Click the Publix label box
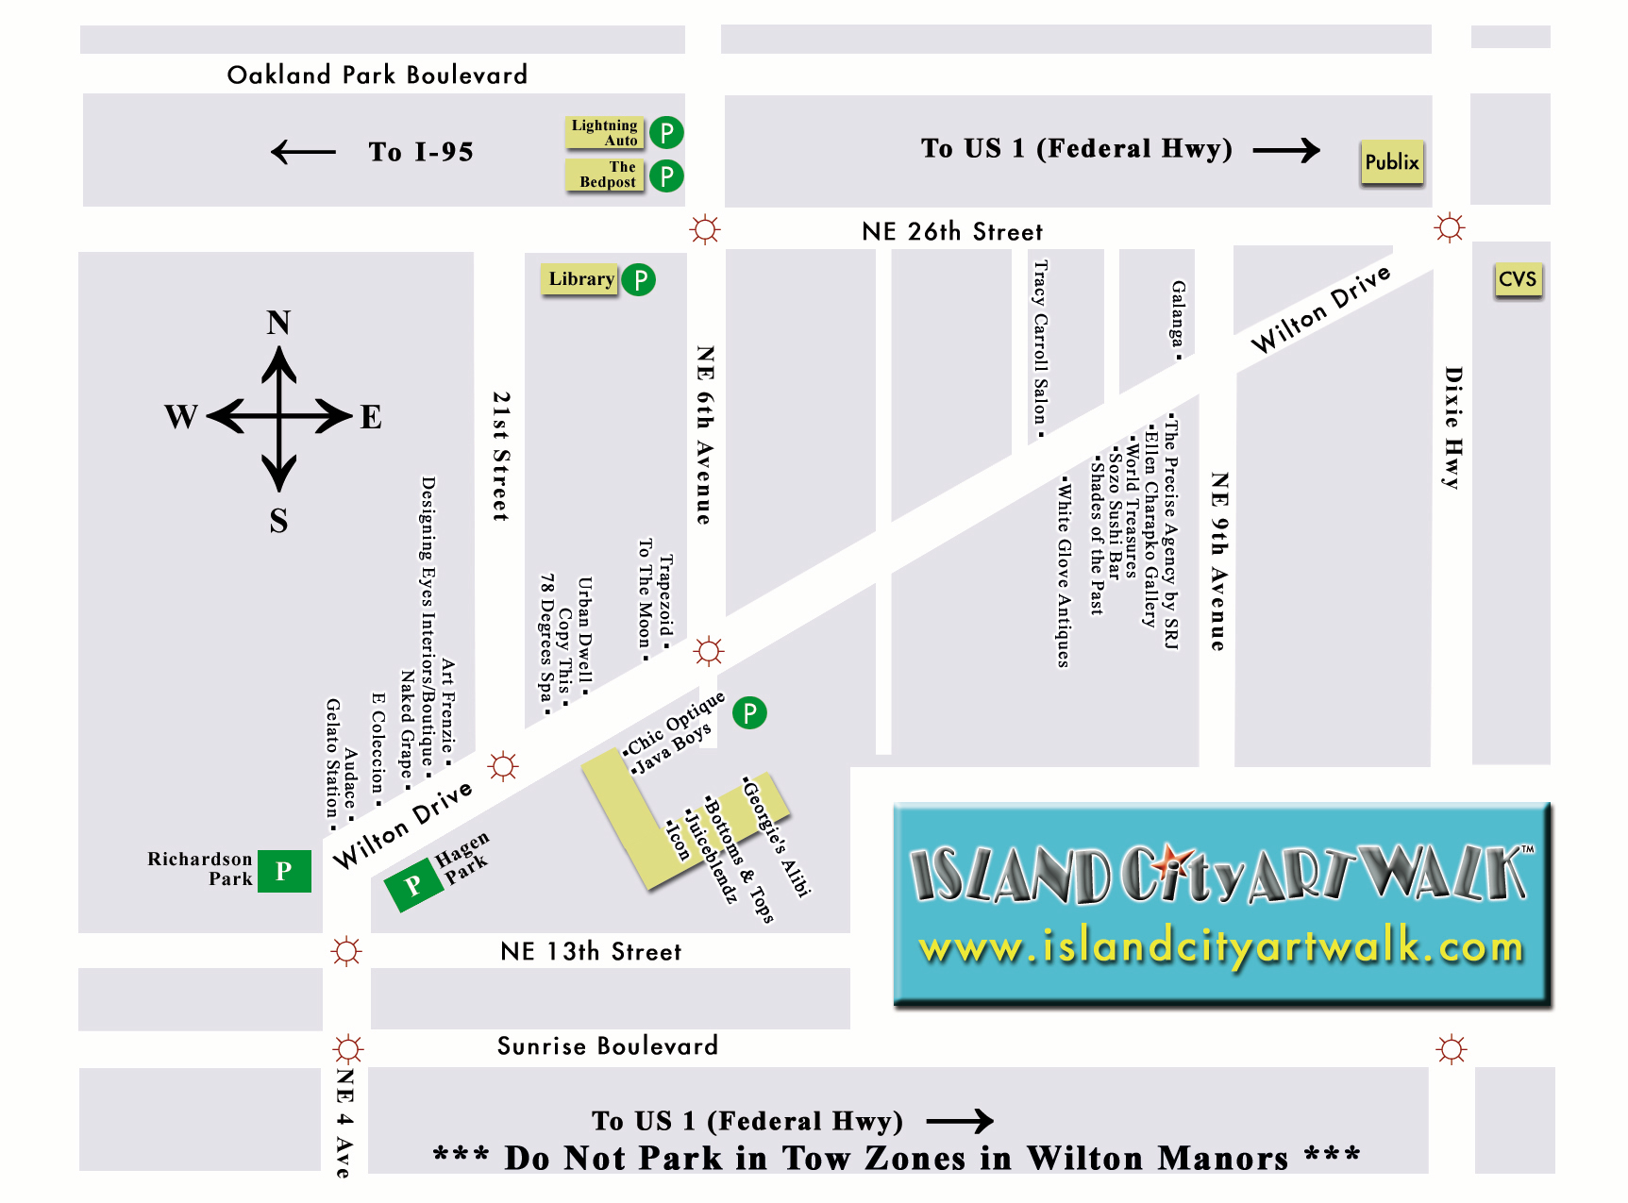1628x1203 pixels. coord(1391,162)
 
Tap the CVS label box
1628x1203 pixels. coord(1518,279)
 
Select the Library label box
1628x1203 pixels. coord(580,279)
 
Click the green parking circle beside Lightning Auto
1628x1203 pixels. coord(666,132)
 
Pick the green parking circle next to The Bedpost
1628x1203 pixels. coord(666,175)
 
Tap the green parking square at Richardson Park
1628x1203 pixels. coord(284,871)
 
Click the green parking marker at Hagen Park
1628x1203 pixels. coord(413,886)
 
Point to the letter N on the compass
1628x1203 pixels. coord(278,324)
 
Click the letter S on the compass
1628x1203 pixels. coord(278,521)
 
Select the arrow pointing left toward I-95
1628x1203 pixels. coord(303,152)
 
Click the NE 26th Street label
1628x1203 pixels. coord(952,232)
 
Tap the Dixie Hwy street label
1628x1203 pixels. coord(1453,427)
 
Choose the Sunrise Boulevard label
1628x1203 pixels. coord(607,1046)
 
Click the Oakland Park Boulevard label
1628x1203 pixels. coord(377,75)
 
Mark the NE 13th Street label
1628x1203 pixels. coord(591,952)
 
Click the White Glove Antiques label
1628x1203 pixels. coord(1064,574)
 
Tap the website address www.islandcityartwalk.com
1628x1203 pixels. coord(1221,946)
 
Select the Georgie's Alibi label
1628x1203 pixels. coord(777,836)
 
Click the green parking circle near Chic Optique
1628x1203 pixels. coord(749,712)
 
